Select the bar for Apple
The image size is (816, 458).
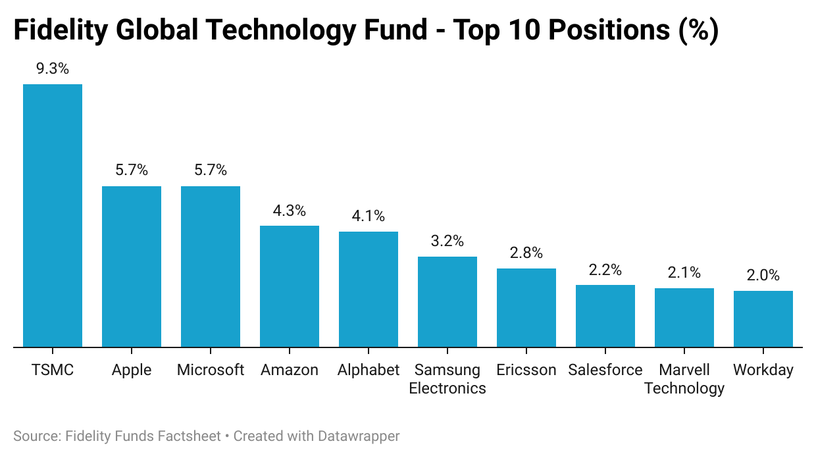tap(132, 267)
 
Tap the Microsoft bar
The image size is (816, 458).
tap(211, 267)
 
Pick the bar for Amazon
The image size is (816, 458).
tap(290, 286)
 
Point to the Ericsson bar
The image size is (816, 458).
tap(526, 307)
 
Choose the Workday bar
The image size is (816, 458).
tap(763, 318)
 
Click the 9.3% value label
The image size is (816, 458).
tap(53, 68)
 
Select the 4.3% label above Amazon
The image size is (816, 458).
tap(290, 211)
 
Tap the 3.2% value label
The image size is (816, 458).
tap(447, 241)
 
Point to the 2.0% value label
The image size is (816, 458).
tap(763, 276)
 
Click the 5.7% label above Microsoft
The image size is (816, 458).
tap(211, 170)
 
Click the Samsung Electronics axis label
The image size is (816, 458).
tap(447, 379)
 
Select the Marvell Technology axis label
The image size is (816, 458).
tap(684, 379)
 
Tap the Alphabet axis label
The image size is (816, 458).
tap(369, 370)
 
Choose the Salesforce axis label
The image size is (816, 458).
tap(605, 370)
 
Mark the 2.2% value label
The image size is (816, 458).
tap(605, 270)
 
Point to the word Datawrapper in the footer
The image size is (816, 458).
tap(359, 436)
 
